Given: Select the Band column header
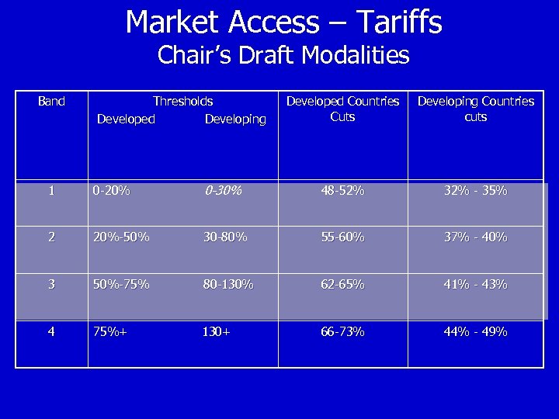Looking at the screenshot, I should [51, 101].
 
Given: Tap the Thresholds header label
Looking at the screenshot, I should [182, 101].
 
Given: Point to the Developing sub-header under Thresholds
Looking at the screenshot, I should [235, 119].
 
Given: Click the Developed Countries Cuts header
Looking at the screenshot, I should [342, 109].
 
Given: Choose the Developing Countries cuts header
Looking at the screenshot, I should [476, 109].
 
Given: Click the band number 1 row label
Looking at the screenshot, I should [51, 191].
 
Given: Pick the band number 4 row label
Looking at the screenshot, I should [51, 331].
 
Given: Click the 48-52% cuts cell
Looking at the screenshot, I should [342, 191].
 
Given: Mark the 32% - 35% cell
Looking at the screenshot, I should [475, 191].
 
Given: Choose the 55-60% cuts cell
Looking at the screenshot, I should [342, 237].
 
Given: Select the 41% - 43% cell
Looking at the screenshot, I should [475, 284].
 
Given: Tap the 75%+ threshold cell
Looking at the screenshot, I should [109, 331].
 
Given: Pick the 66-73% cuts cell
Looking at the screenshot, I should [342, 331].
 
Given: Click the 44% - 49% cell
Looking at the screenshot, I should [475, 331].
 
